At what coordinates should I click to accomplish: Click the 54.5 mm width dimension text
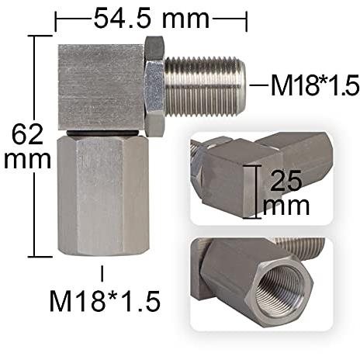click(151, 19)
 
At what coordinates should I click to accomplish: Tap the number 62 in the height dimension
click(27, 134)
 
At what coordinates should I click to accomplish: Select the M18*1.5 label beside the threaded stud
click(315, 85)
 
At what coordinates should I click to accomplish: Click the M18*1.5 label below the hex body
click(105, 301)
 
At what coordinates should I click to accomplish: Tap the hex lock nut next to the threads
click(154, 87)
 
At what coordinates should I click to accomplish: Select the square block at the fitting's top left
click(101, 87)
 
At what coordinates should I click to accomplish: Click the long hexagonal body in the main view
click(103, 196)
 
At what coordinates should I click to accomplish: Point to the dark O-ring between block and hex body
click(103, 133)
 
